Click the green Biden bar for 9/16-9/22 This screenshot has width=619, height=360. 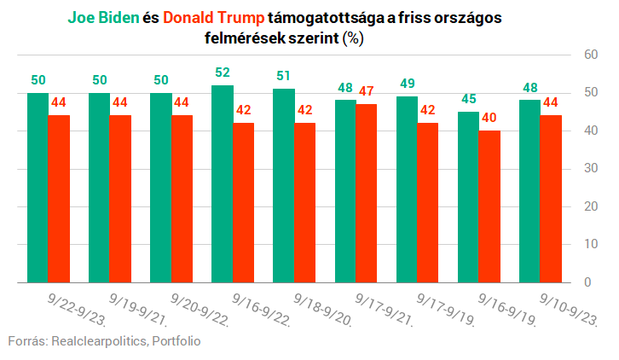pyautogui.click(x=223, y=183)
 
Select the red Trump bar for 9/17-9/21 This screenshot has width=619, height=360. pyautogui.click(x=366, y=193)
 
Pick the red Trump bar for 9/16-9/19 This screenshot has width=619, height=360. pyautogui.click(x=489, y=206)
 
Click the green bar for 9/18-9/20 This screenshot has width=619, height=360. pyautogui.click(x=284, y=185)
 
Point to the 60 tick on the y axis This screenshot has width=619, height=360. pyautogui.click(x=589, y=55)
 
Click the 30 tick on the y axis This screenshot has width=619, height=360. pyautogui.click(x=589, y=168)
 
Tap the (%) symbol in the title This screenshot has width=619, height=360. pyautogui.click(x=353, y=38)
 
